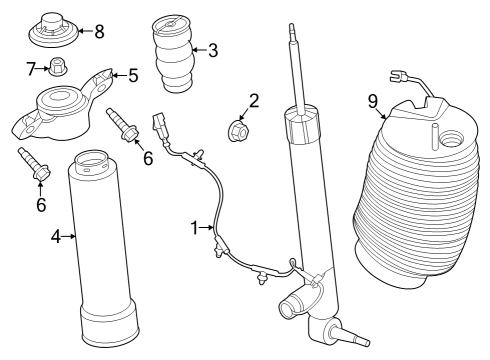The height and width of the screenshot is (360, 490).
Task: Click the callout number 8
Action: [x=99, y=30]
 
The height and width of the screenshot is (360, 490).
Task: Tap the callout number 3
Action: [x=212, y=48]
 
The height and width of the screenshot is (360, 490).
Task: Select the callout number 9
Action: [x=372, y=100]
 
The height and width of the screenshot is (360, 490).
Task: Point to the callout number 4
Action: [x=56, y=236]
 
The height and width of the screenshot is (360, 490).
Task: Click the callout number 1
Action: [x=195, y=228]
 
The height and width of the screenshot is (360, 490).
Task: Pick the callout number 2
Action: [x=254, y=100]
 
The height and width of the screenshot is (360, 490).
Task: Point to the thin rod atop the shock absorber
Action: [x=296, y=65]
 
